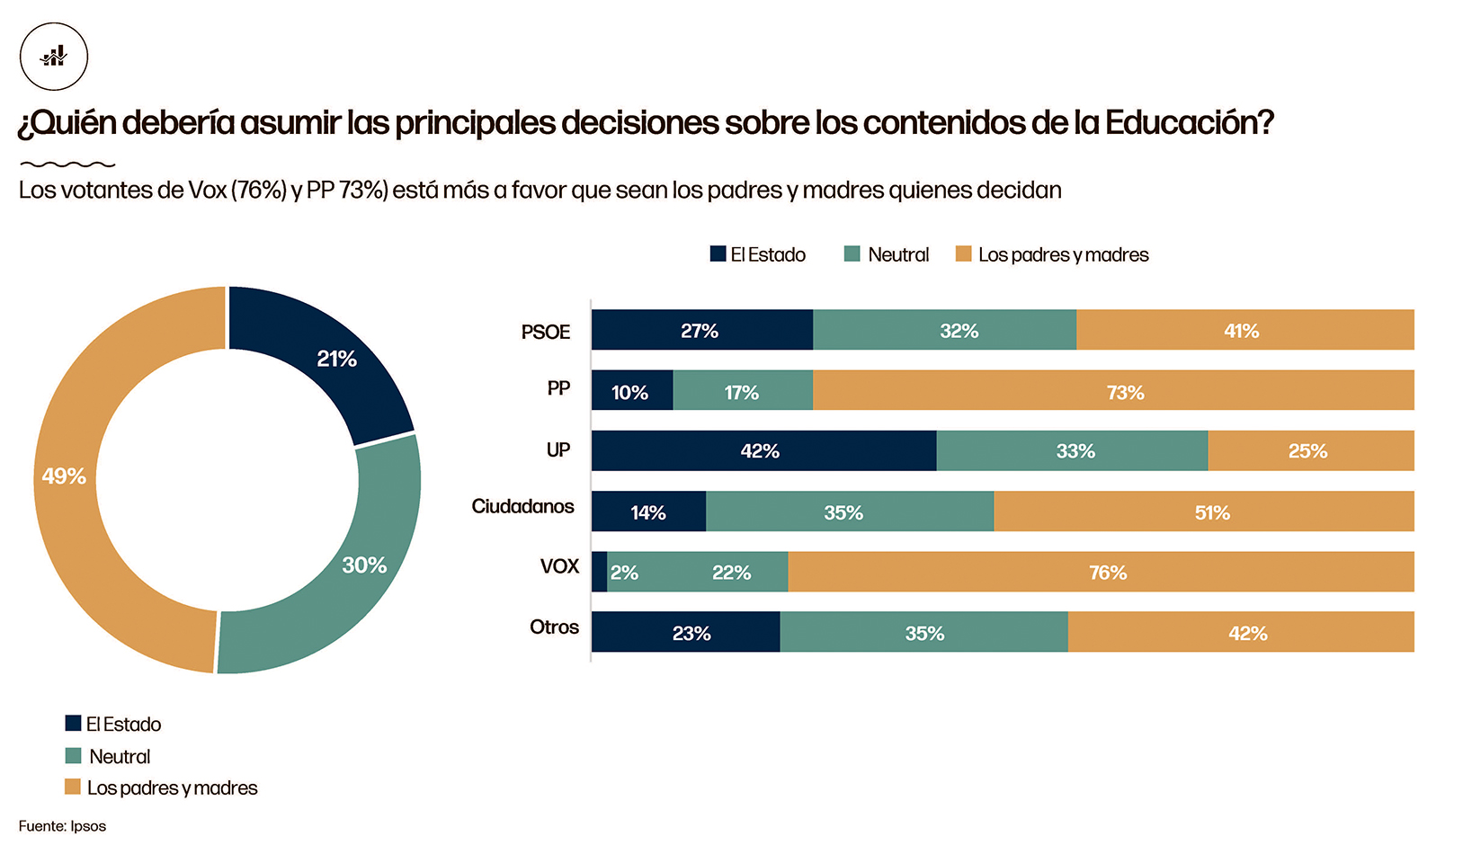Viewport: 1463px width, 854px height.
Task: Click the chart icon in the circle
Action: click(x=54, y=57)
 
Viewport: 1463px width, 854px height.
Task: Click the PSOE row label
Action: click(x=546, y=332)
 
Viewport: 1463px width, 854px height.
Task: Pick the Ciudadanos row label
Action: click(x=522, y=506)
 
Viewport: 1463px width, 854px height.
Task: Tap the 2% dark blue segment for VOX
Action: click(x=599, y=572)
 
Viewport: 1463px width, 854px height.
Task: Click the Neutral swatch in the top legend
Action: click(x=852, y=254)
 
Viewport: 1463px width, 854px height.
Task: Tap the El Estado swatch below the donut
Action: click(x=73, y=723)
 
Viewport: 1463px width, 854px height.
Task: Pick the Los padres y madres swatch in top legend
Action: click(x=963, y=254)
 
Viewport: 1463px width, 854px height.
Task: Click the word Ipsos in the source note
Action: click(x=88, y=826)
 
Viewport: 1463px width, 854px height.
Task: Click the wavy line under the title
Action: click(x=67, y=165)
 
